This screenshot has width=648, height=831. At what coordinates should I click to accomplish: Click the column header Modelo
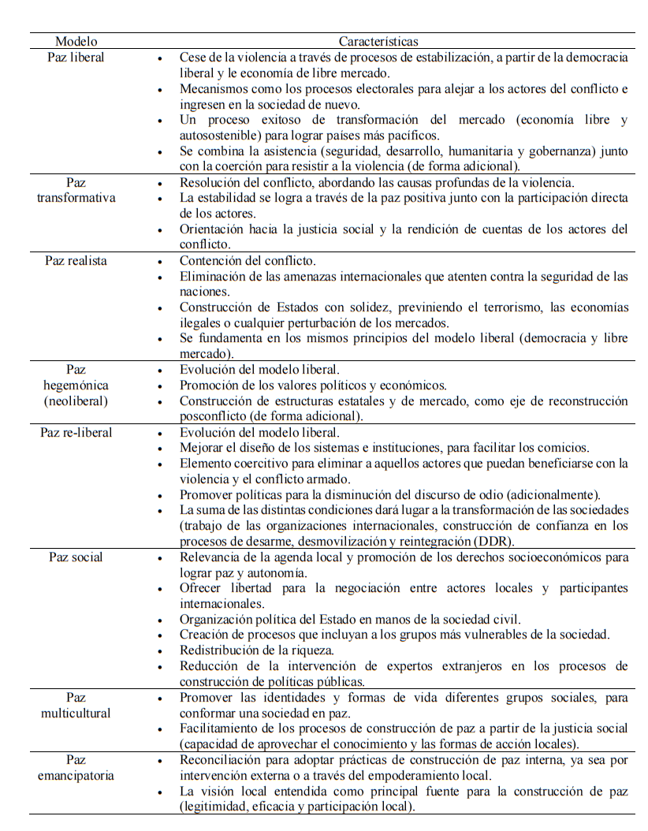[x=76, y=41]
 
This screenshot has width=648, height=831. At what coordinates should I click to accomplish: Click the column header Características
[x=378, y=41]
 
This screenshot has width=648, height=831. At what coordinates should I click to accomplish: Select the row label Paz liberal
[x=76, y=57]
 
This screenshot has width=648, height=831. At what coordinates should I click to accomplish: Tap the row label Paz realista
[x=76, y=260]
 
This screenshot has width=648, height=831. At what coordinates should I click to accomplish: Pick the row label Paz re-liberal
[x=76, y=432]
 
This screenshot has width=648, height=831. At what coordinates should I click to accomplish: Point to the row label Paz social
[x=76, y=557]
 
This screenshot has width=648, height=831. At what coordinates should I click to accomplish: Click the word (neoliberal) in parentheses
[x=76, y=401]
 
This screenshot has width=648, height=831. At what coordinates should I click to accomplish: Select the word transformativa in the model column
[x=76, y=197]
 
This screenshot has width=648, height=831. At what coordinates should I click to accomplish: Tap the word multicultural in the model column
[x=76, y=713]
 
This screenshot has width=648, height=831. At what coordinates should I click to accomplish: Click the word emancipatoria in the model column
[x=76, y=775]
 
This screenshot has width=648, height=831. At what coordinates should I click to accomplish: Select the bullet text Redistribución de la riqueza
[x=256, y=650]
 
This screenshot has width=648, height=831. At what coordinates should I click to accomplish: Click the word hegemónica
[x=76, y=386]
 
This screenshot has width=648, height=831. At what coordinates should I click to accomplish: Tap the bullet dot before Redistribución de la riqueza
[x=161, y=651]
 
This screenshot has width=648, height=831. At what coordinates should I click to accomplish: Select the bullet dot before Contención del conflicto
[x=161, y=262]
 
